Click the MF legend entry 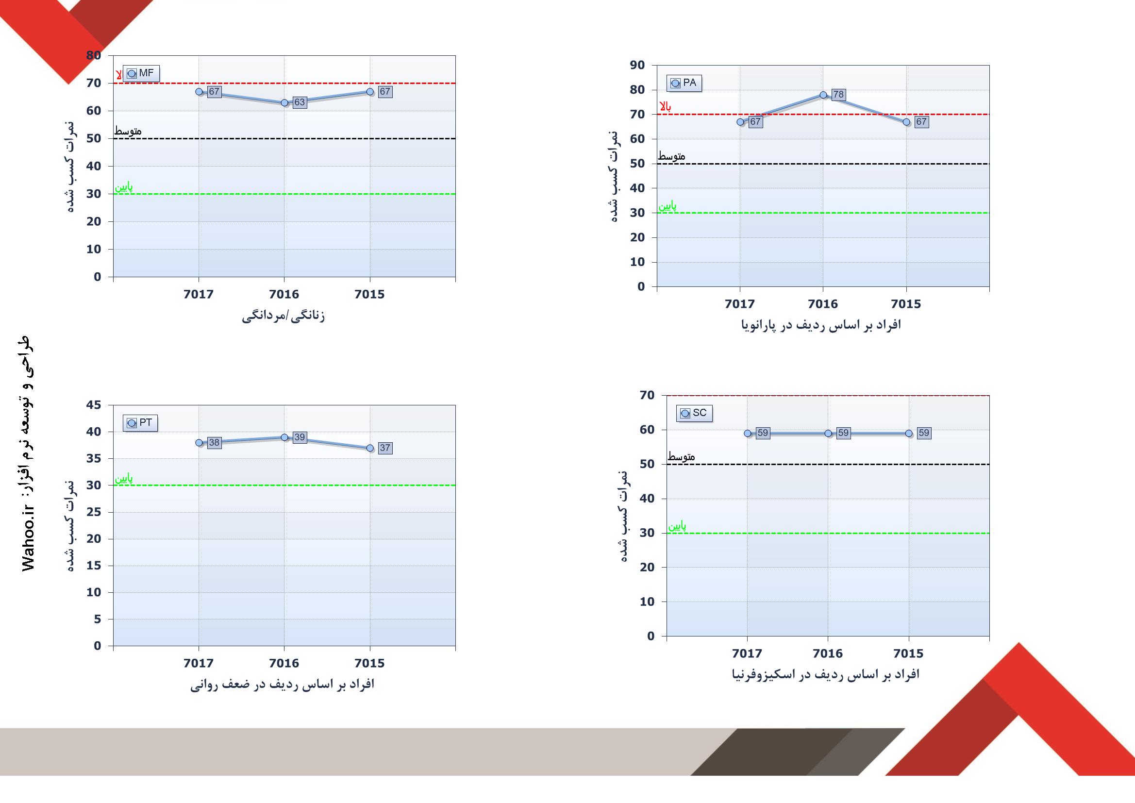[141, 74]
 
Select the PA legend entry [684, 83]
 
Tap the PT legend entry [140, 423]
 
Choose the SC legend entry [694, 413]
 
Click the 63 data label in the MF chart [300, 102]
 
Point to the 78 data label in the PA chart [838, 95]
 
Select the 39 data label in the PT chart [300, 437]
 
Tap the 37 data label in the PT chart [385, 448]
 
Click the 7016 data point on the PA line [823, 95]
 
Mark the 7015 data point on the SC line [909, 433]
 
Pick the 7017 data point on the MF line [199, 91]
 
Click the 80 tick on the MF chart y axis [93, 55]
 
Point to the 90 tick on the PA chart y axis [637, 65]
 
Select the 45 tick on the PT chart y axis [93, 405]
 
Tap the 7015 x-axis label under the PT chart [369, 663]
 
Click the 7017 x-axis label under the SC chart [747, 653]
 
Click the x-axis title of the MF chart [283, 316]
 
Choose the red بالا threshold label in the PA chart [666, 107]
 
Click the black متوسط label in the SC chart [681, 457]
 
